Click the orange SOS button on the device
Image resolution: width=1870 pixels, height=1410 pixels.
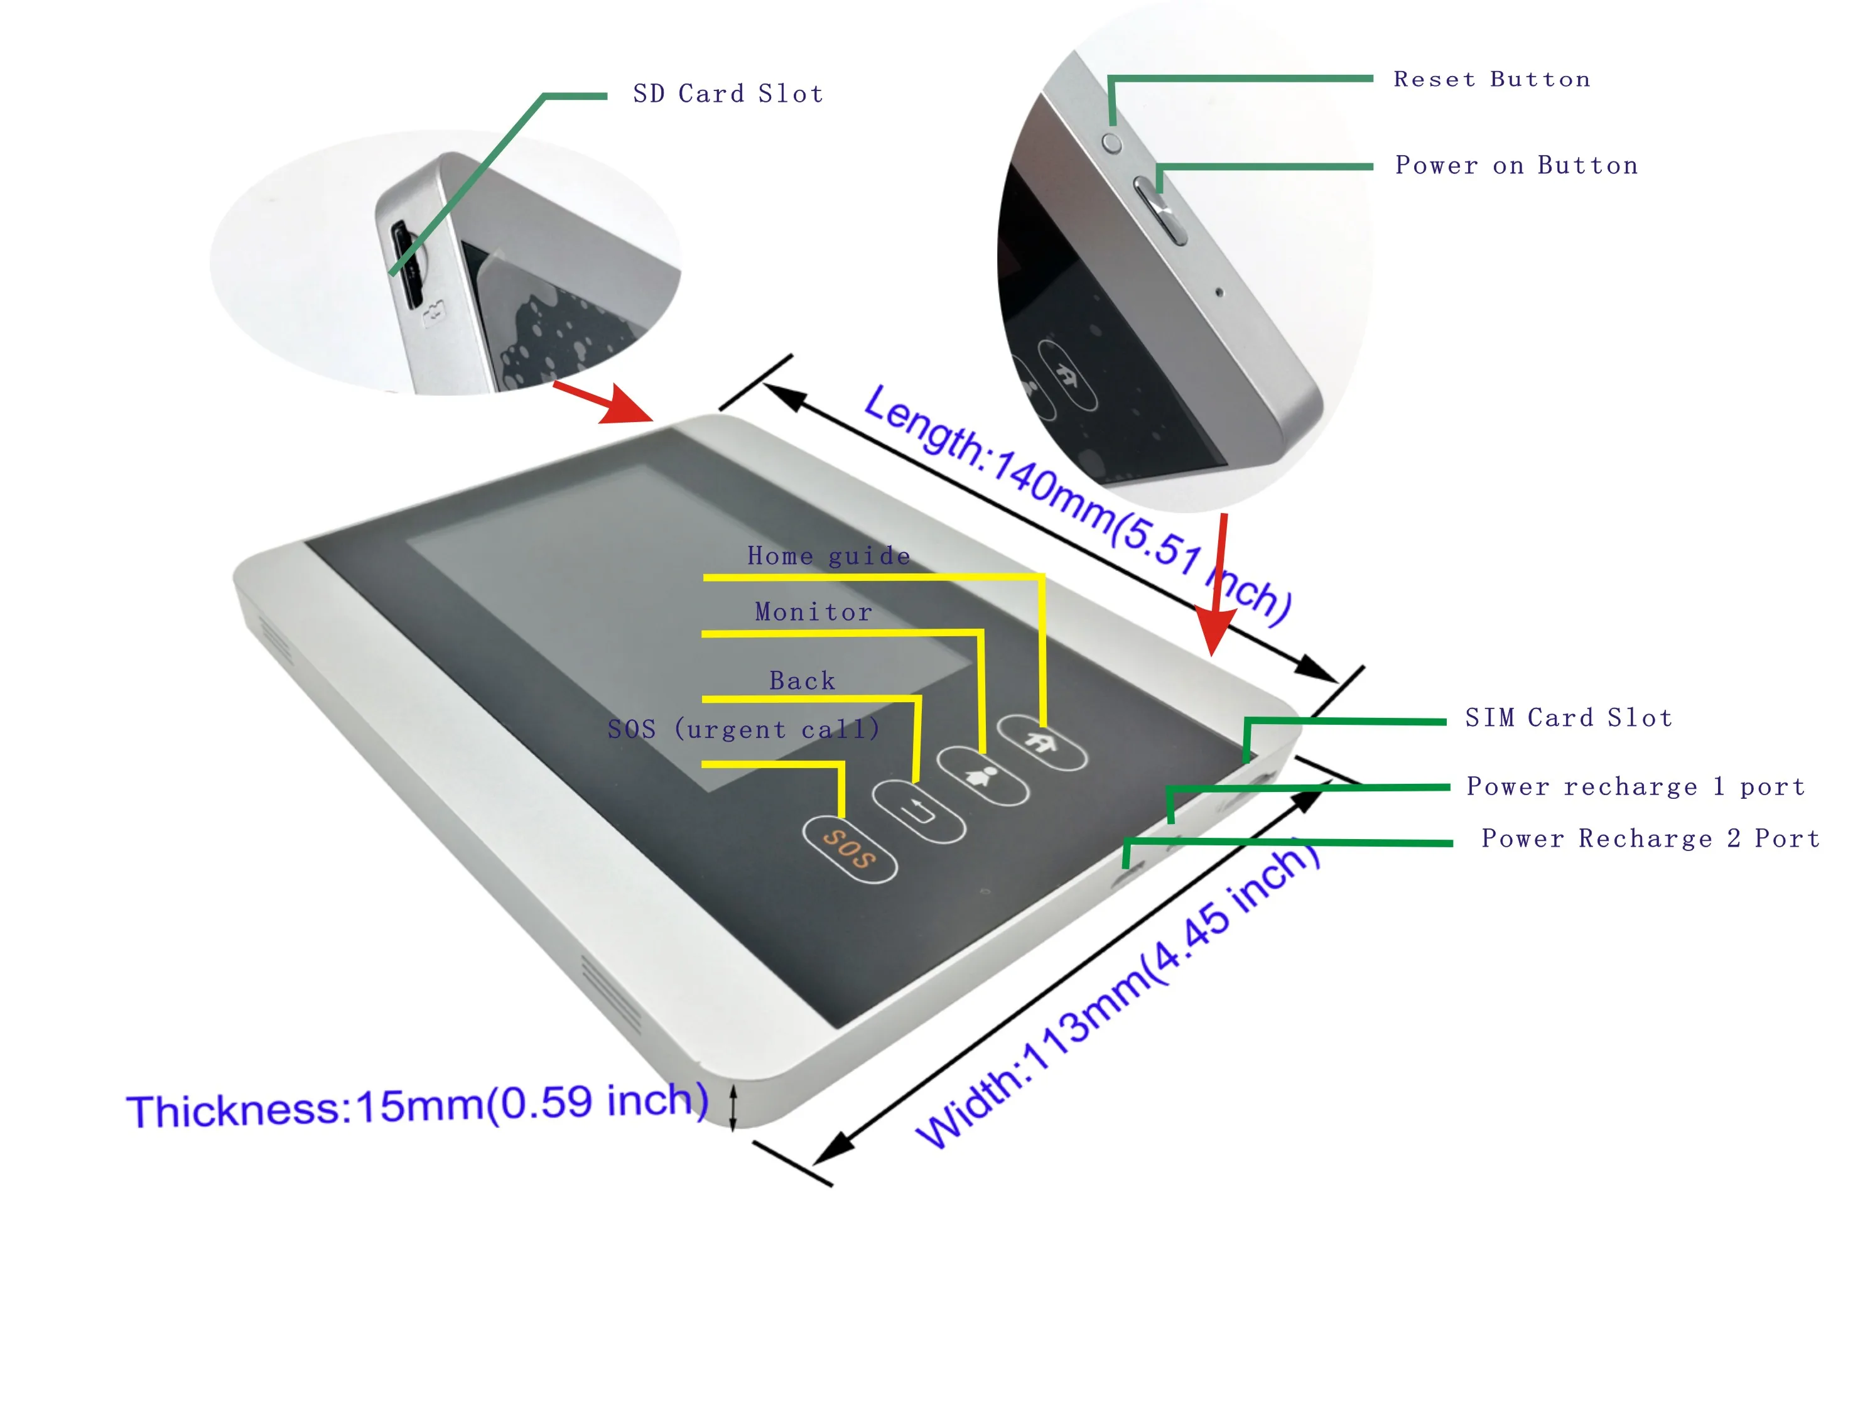pyautogui.click(x=849, y=849)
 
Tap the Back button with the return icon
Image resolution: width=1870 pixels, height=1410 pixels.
pyautogui.click(x=918, y=811)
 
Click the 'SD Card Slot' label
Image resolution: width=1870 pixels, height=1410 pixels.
pyautogui.click(x=728, y=94)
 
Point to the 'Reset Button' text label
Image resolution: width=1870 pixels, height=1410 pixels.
pyautogui.click(x=1492, y=80)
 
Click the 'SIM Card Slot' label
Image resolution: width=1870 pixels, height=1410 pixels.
pyautogui.click(x=1568, y=718)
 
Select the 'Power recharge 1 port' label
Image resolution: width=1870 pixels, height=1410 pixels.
pyautogui.click(x=1636, y=786)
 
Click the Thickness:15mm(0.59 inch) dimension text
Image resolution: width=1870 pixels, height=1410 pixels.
pyautogui.click(x=417, y=1105)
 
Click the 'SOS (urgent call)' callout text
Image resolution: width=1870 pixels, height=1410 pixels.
pyautogui.click(x=744, y=729)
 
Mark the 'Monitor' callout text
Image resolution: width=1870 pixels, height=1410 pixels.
pyautogui.click(x=813, y=611)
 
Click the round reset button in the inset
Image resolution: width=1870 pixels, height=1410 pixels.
pyautogui.click(x=1113, y=143)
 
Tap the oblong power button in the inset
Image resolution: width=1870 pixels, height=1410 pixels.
pyautogui.click(x=1159, y=210)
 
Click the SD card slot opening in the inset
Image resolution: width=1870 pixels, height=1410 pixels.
pyautogui.click(x=407, y=264)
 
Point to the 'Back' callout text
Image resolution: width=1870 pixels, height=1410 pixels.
pyautogui.click(x=803, y=680)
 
